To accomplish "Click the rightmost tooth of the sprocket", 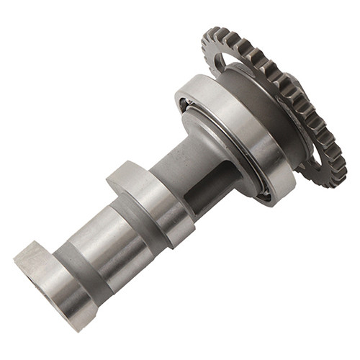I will pyautogui.click(x=343, y=155).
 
